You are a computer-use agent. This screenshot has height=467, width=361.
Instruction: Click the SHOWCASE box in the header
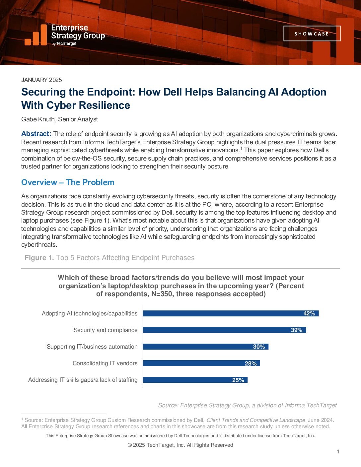(312, 33)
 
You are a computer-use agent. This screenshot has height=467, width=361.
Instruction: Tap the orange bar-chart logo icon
(36, 35)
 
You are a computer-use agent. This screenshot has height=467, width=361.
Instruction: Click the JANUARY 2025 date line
(41, 80)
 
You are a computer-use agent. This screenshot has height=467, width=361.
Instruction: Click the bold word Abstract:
(36, 134)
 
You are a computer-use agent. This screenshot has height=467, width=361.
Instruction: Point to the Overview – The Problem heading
(68, 182)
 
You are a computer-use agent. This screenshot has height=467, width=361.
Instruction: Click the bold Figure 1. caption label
(39, 258)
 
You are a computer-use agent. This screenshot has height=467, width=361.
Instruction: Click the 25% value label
(238, 380)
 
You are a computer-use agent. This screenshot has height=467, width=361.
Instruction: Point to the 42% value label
(309, 313)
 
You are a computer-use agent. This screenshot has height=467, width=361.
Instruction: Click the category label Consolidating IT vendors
(105, 363)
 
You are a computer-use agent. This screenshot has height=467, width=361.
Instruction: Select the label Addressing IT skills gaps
(83, 380)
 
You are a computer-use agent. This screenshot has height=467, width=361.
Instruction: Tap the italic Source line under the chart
(247, 405)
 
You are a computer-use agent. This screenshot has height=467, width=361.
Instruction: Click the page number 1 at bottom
(338, 452)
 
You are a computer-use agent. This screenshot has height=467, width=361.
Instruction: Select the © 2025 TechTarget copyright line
(180, 445)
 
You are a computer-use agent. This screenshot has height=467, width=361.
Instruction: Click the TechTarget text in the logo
(66, 43)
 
